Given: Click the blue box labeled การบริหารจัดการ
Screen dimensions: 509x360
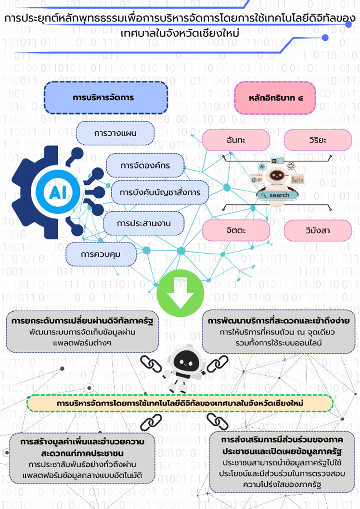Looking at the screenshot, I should coord(106,97).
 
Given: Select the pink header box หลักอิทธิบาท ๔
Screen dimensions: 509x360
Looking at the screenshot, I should coord(275,97).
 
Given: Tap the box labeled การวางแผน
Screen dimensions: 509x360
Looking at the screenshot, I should coord(116,133).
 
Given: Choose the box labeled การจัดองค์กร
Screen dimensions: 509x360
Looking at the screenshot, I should coord(145,165).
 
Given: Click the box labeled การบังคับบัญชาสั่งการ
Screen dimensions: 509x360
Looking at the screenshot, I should coord(160,192).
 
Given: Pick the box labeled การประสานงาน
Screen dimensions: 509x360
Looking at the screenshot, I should coord(143,223).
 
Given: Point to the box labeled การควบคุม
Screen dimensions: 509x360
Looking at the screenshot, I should coord(101,254).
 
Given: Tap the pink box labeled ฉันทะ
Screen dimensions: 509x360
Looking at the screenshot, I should coord(236,140).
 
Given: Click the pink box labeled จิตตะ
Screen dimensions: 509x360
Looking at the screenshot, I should coord(236,230).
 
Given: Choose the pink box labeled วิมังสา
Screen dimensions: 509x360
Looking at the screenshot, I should coord(317,230).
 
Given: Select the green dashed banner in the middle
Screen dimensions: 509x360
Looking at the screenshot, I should coord(180,403).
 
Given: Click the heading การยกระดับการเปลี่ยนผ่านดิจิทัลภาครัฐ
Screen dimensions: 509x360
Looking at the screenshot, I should coord(81,320).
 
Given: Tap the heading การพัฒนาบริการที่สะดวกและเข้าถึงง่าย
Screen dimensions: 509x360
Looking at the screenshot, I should coord(279,320).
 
